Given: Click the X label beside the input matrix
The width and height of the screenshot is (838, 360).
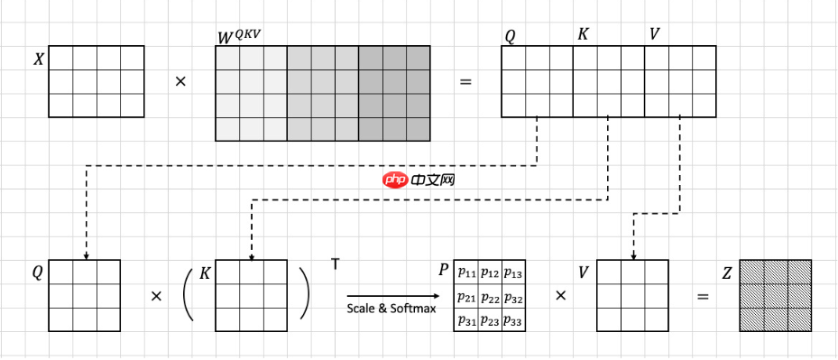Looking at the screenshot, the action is click(39, 60).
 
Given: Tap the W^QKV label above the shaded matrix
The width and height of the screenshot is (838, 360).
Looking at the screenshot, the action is click(239, 37).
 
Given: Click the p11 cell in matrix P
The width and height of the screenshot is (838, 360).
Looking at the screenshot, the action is click(465, 272).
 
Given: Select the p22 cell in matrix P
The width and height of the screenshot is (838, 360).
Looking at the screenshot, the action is click(490, 297).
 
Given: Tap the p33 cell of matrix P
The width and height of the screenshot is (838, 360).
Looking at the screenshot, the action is click(513, 321).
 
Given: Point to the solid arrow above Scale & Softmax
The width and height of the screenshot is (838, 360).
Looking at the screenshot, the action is click(392, 296).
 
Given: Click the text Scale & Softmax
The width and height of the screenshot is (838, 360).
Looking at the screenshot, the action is click(391, 309).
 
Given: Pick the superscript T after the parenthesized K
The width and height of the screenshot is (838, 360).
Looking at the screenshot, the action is click(335, 263).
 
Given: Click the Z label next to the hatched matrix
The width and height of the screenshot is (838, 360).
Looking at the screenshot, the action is click(727, 274).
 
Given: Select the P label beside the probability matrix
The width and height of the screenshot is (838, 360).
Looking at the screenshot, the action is click(444, 270).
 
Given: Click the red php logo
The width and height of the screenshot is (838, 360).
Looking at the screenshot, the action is click(395, 180).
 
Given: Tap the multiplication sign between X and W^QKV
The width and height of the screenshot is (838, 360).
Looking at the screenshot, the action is click(180, 82).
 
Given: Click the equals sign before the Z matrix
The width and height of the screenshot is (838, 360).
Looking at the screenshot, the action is click(704, 296).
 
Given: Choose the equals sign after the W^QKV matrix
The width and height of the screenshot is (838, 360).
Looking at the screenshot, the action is click(465, 82).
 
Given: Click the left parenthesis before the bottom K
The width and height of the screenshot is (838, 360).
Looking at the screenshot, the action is click(188, 295).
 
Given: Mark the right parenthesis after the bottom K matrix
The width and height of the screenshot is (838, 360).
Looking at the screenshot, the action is click(304, 292).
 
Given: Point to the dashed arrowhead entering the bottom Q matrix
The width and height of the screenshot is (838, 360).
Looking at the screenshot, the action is click(86, 257).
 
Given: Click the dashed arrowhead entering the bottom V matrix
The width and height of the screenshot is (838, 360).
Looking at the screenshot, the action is click(633, 257).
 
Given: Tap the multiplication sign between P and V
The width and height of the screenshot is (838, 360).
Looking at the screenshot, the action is click(561, 295).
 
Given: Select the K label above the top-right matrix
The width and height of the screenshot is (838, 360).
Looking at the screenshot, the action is click(583, 34).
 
